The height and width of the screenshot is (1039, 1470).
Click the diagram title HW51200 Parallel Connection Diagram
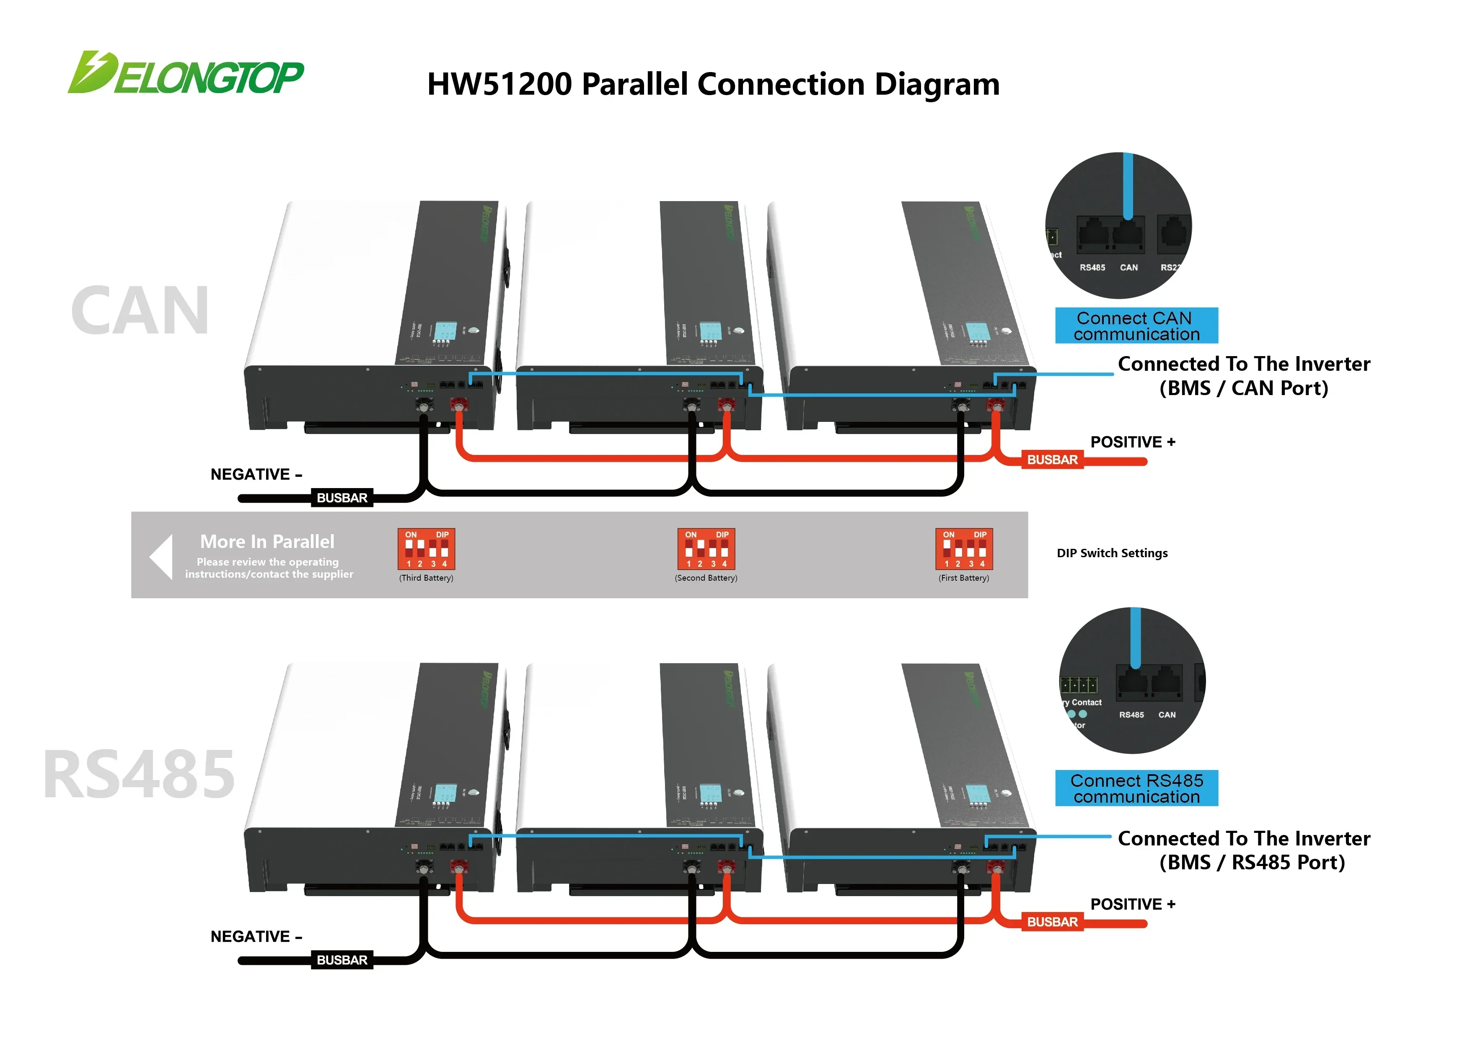(x=713, y=85)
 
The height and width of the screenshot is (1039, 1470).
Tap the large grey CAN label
(x=140, y=311)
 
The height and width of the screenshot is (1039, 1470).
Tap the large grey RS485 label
(x=139, y=775)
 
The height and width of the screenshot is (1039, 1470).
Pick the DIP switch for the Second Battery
(x=706, y=549)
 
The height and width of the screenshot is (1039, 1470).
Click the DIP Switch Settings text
(x=1112, y=553)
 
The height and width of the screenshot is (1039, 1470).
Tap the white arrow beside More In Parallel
(x=161, y=556)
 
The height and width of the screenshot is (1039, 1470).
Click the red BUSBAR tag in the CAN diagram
(x=1052, y=460)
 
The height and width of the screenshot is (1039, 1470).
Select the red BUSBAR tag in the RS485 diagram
(x=1052, y=922)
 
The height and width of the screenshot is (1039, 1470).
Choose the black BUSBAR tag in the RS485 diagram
(x=342, y=960)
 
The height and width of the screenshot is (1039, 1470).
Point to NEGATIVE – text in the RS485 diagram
(x=256, y=937)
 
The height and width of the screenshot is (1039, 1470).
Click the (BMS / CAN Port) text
(x=1243, y=388)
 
